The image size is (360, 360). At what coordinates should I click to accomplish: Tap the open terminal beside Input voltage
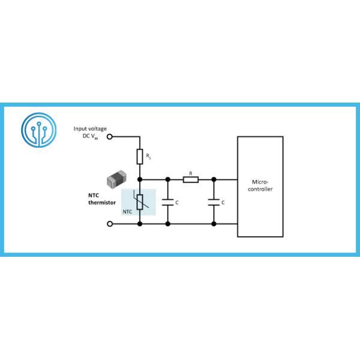109,136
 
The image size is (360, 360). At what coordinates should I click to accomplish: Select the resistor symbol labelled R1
139,157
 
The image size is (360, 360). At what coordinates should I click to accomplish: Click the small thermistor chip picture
115,179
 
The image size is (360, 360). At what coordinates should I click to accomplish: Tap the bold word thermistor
97,202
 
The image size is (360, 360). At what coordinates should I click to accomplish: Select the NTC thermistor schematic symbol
140,203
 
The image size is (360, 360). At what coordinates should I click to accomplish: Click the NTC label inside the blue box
127,211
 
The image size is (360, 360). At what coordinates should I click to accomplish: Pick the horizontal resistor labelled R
190,179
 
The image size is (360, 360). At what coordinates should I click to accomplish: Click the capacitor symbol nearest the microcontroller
214,202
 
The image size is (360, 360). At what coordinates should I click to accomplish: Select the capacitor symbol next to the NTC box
167,202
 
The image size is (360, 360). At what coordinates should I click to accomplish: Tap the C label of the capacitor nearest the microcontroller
223,203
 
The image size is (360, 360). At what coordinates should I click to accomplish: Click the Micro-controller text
260,185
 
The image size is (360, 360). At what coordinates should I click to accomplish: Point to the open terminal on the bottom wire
109,224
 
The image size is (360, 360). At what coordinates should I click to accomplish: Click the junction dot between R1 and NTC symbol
140,179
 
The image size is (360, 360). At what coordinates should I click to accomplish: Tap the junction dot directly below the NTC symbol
140,224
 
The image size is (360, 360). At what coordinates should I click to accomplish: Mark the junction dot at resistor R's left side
167,179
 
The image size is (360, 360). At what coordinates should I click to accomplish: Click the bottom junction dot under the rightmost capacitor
214,224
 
